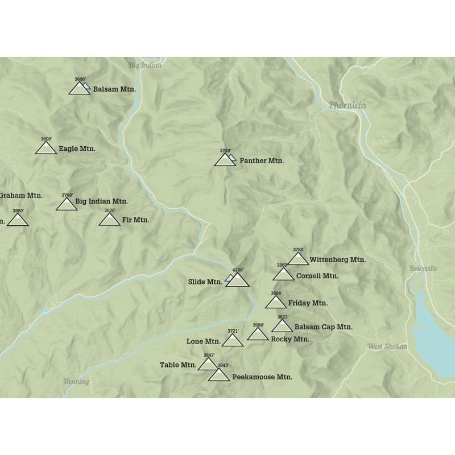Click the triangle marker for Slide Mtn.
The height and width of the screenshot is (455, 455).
(238, 280)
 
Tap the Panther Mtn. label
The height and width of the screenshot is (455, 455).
(262, 161)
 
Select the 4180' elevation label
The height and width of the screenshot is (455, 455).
(238, 270)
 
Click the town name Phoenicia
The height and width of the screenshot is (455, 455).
(347, 105)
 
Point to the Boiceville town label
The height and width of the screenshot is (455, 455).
(423, 268)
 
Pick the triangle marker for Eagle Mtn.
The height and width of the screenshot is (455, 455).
(46, 148)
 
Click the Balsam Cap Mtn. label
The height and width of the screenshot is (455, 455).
(324, 327)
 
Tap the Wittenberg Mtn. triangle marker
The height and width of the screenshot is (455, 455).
(298, 259)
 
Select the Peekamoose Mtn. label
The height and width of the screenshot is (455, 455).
(262, 377)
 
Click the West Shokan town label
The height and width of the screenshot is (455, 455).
(387, 346)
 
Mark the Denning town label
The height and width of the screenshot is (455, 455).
(76, 382)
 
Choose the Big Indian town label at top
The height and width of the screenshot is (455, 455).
(145, 65)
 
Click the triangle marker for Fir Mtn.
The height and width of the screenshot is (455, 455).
(110, 220)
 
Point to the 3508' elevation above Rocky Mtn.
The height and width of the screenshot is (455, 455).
(258, 325)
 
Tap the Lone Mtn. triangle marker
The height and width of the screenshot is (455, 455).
(232, 341)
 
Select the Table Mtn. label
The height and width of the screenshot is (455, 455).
(177, 365)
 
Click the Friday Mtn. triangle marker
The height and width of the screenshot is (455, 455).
(276, 303)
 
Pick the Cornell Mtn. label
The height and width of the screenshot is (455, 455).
(317, 276)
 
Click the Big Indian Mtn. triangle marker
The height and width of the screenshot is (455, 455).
(67, 204)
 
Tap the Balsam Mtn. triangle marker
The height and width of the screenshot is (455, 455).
(78, 89)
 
